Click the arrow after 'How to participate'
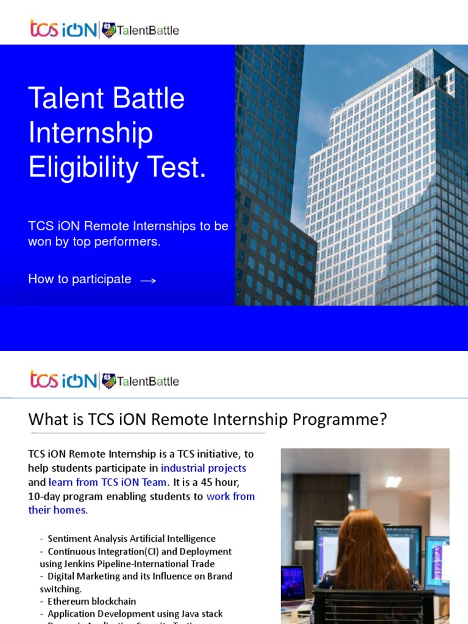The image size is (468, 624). [x=148, y=280]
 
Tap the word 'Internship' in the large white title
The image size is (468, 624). [x=91, y=133]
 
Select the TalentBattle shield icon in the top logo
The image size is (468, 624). [x=109, y=30]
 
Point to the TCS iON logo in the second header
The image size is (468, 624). [x=63, y=381]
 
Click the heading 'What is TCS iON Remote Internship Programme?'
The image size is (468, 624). [x=207, y=420]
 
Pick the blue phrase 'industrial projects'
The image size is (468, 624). [x=204, y=468]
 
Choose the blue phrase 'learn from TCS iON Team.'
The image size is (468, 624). [x=112, y=482]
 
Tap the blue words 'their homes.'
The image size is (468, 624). [x=58, y=510]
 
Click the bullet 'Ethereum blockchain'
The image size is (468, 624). [x=91, y=601]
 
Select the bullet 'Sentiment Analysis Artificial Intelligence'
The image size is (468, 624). [x=131, y=539]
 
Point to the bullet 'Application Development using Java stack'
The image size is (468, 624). [x=135, y=614]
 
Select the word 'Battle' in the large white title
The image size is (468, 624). [x=149, y=98]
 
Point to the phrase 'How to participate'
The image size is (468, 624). [x=80, y=279]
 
